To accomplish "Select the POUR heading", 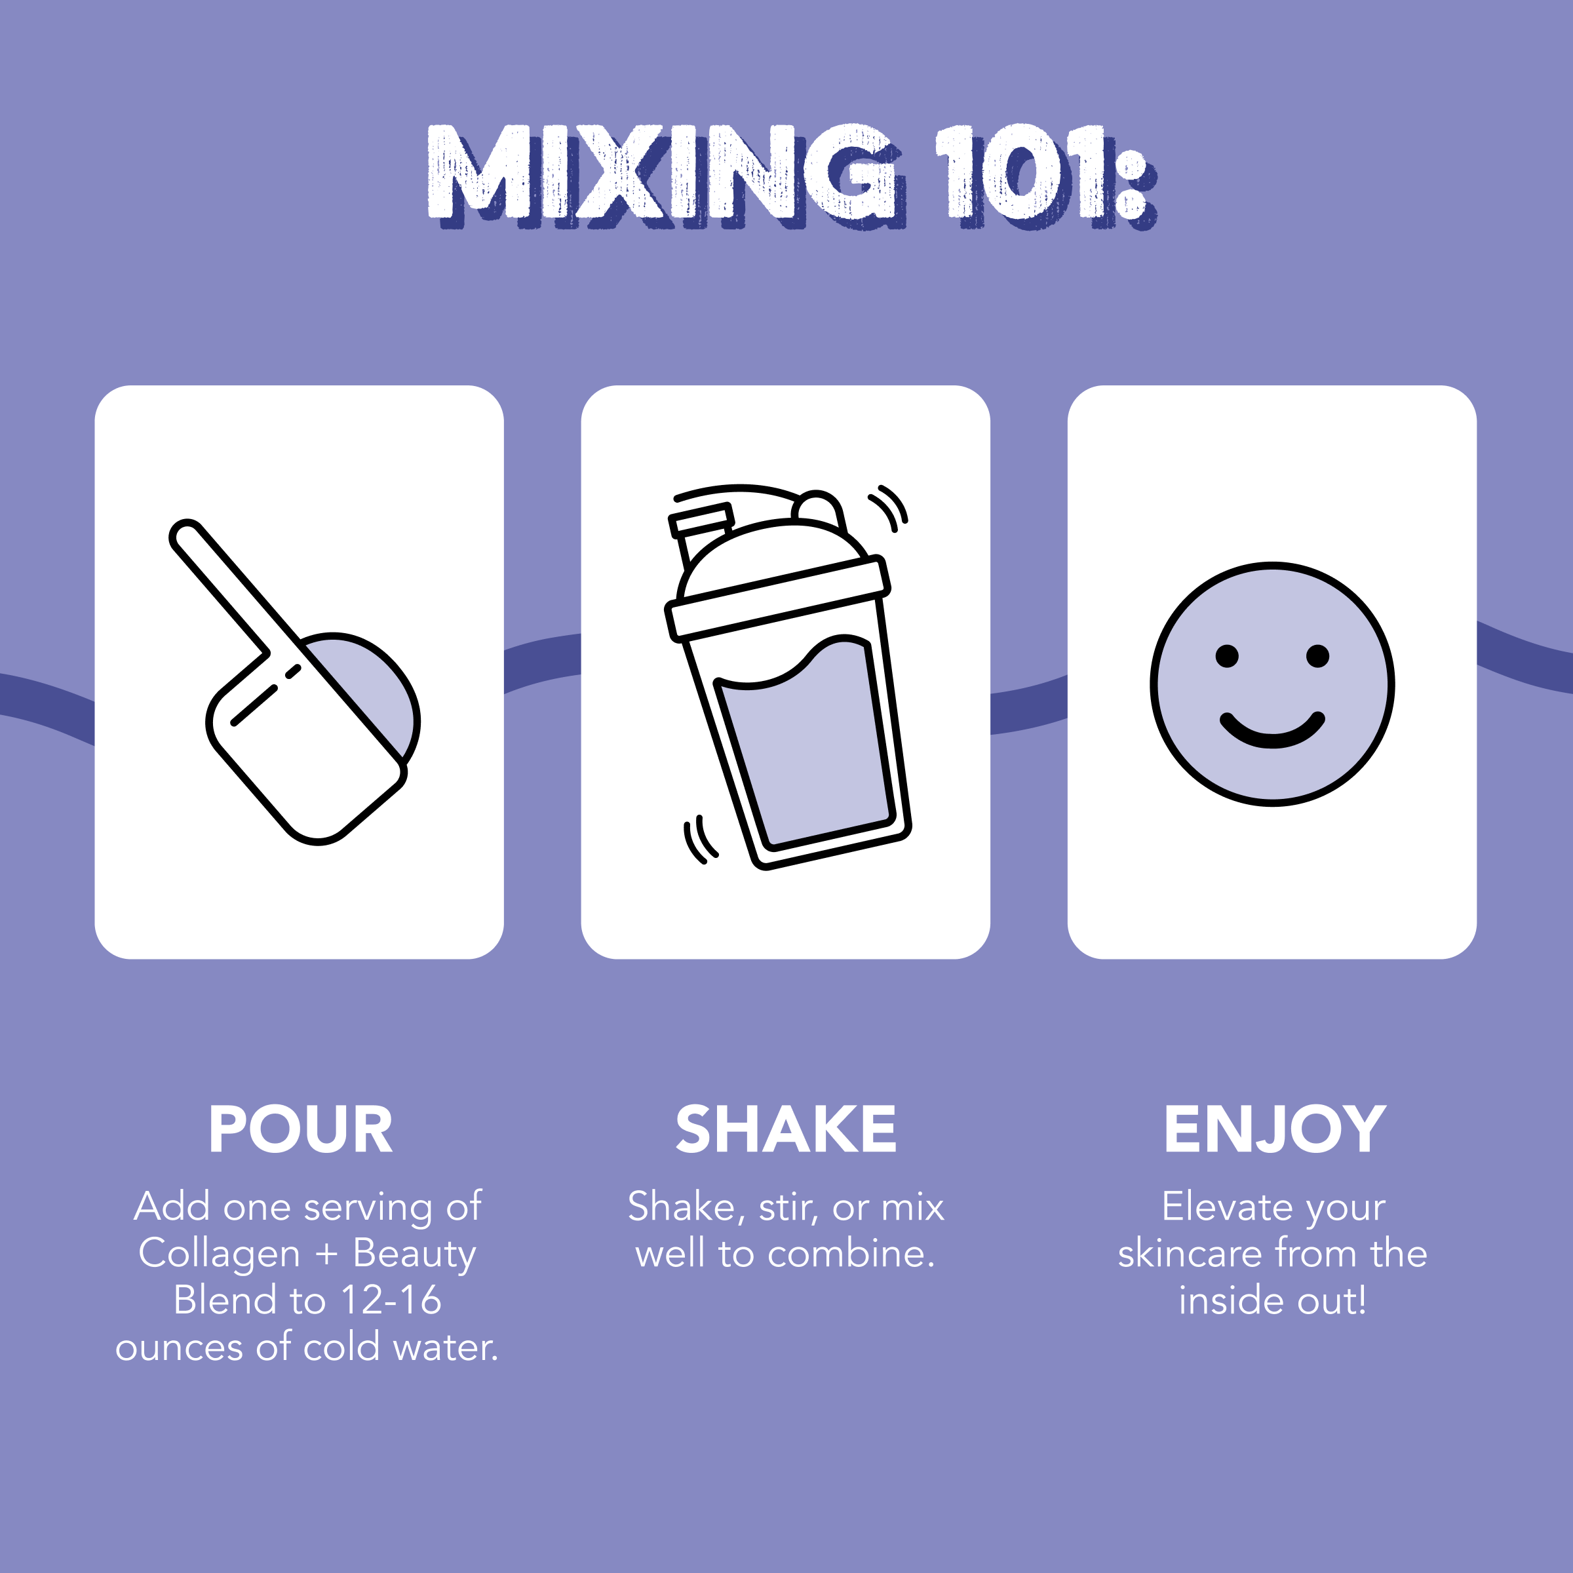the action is pos(300,1129).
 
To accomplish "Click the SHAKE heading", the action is pos(786,1129).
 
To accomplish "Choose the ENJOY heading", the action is pos(1274,1129).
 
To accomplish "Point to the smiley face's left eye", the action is pos(1227,656).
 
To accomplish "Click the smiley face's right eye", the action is pos(1317,656).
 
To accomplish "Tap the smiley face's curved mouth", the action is pos(1272,737).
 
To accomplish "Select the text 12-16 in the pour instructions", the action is pos(391,1300).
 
